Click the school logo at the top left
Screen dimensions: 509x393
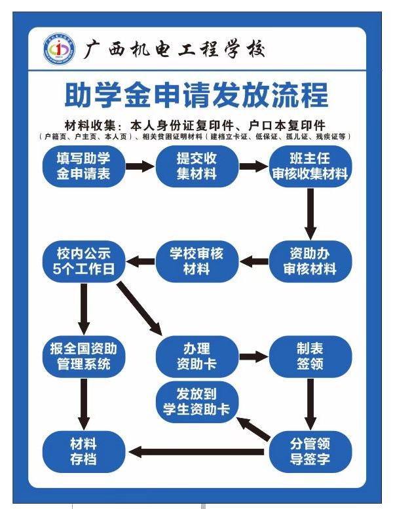pos(60,49)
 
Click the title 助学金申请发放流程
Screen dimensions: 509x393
pos(196,95)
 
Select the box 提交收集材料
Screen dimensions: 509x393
pos(196,166)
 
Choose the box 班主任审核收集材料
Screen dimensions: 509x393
pos(310,166)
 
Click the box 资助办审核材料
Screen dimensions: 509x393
pos(310,261)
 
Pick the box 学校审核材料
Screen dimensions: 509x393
pos(196,261)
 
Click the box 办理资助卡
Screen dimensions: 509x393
pos(196,356)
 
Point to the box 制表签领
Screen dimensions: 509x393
pos(310,356)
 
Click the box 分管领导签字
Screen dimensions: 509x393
pos(310,451)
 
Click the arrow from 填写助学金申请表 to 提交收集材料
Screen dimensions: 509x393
pos(140,166)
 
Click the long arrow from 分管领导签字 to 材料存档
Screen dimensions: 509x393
pos(196,451)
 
